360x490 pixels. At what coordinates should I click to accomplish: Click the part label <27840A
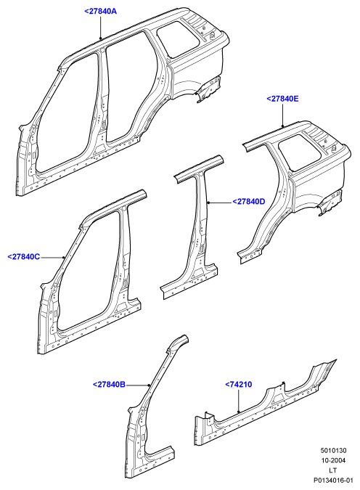[100, 11]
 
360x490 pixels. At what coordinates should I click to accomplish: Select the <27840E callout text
[282, 99]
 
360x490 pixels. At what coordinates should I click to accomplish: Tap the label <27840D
[248, 202]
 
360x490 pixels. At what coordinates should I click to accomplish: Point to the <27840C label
[24, 257]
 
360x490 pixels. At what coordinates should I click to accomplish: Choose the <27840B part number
[109, 384]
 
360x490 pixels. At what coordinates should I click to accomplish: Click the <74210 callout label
[239, 384]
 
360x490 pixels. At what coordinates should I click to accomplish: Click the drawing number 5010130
[333, 451]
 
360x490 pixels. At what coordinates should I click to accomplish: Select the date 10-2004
[333, 460]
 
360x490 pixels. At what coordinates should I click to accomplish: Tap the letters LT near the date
[333, 470]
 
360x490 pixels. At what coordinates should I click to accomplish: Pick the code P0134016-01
[333, 480]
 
